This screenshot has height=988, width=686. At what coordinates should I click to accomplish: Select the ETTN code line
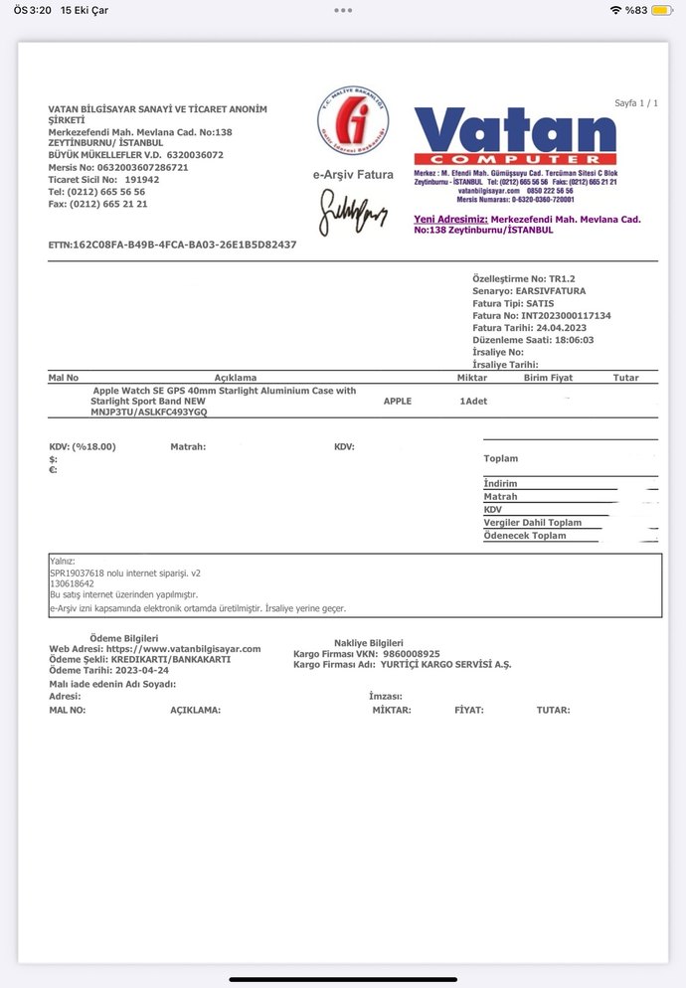172,245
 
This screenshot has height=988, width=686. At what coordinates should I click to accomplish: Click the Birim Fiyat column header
548,378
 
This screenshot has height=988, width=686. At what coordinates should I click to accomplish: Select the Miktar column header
471,378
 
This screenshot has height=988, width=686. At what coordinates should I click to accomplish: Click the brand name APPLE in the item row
397,401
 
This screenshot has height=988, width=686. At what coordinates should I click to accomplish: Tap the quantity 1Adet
473,401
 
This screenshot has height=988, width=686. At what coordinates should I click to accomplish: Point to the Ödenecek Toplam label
524,536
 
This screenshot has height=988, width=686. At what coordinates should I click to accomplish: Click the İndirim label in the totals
500,484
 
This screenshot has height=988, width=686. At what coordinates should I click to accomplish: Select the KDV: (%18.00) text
83,447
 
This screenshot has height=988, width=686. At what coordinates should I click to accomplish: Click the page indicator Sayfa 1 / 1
636,103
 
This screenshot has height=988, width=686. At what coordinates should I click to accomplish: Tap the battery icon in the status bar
660,10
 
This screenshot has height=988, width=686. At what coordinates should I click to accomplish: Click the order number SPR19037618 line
124,574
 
